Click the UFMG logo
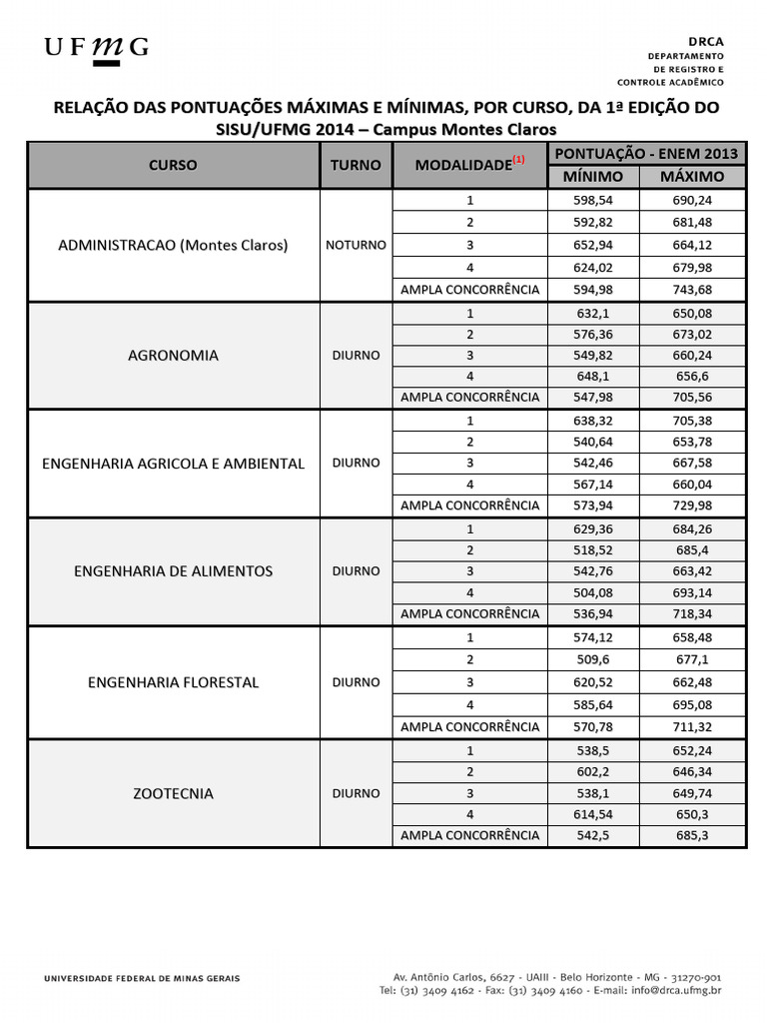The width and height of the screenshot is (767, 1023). tap(96, 48)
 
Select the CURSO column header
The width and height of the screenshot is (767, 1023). tap(173, 165)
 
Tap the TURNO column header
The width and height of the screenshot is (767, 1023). tap(356, 165)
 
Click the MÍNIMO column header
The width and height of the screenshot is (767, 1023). tap(593, 176)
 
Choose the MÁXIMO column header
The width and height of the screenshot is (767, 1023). tap(693, 176)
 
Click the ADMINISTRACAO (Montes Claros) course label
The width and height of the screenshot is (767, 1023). tap(173, 245)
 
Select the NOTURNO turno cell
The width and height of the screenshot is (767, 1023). tap(356, 245)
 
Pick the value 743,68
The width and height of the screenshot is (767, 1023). tap(693, 290)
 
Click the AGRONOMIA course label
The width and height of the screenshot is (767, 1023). tap(173, 355)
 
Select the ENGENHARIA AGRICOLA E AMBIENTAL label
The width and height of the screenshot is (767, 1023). tap(173, 464)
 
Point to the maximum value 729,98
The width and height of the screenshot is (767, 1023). tap(693, 506)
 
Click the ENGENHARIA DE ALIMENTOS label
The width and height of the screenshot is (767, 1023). tap(173, 571)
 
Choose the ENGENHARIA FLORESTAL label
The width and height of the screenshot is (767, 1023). tap(173, 682)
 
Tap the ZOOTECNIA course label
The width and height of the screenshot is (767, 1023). tap(173, 793)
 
